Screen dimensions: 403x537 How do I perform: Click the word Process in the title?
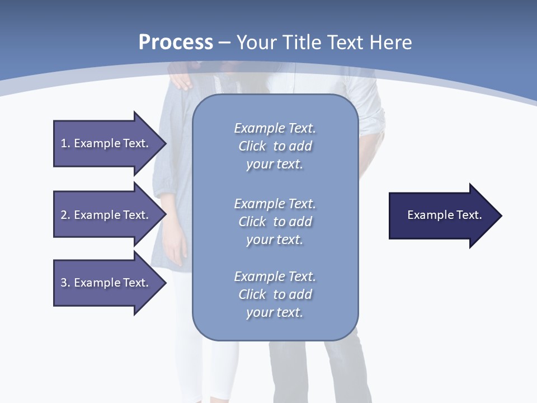(176, 43)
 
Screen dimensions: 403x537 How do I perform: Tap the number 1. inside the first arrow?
(65, 143)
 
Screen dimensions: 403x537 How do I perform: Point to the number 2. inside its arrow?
(65, 215)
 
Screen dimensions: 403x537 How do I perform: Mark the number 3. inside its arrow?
(65, 283)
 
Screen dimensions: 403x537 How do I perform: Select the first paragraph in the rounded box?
(275, 146)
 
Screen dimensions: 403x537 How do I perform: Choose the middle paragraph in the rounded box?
(275, 222)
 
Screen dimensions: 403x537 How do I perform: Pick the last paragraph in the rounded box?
(275, 294)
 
